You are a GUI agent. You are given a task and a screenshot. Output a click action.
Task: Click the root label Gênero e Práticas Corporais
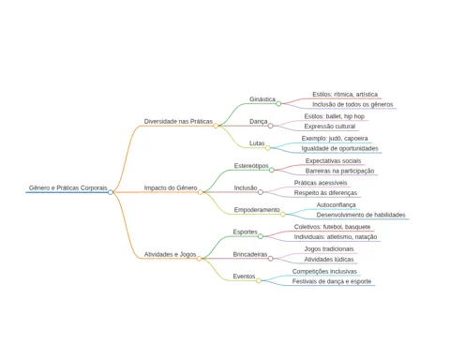tap(68, 187)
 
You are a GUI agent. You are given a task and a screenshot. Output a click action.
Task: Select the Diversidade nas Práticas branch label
tap(178, 121)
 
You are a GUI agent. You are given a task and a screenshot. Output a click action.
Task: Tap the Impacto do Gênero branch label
tap(171, 187)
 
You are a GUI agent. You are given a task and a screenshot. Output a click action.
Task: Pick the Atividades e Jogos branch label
tap(170, 254)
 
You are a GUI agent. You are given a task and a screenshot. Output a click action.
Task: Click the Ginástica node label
tap(262, 99)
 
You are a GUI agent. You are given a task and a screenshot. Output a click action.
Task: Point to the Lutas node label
tap(257, 143)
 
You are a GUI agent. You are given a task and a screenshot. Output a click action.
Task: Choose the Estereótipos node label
tap(251, 166)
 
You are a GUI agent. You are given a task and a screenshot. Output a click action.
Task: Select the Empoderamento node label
tap(257, 210)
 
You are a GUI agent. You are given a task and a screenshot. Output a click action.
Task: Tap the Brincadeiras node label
tap(250, 254)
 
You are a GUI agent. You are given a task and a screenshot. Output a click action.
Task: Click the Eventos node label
tap(244, 277)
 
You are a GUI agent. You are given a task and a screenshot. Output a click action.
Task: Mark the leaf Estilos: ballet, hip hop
tap(335, 116)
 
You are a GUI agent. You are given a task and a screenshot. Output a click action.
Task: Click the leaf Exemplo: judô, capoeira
tap(335, 138)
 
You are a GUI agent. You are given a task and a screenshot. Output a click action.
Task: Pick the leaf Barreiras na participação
tap(339, 171)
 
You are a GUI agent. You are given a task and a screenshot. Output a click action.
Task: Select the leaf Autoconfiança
tap(336, 204)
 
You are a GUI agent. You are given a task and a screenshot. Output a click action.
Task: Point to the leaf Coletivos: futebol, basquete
tap(332, 227)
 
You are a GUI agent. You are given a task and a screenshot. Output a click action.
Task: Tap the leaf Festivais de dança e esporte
tap(332, 281)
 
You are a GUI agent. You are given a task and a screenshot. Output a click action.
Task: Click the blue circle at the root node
tap(111, 192)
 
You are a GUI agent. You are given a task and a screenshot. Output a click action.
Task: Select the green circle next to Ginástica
tap(278, 103)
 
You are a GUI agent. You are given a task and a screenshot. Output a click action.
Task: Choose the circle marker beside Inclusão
tap(261, 192)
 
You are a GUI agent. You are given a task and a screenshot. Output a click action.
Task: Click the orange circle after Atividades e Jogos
tap(199, 259)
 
